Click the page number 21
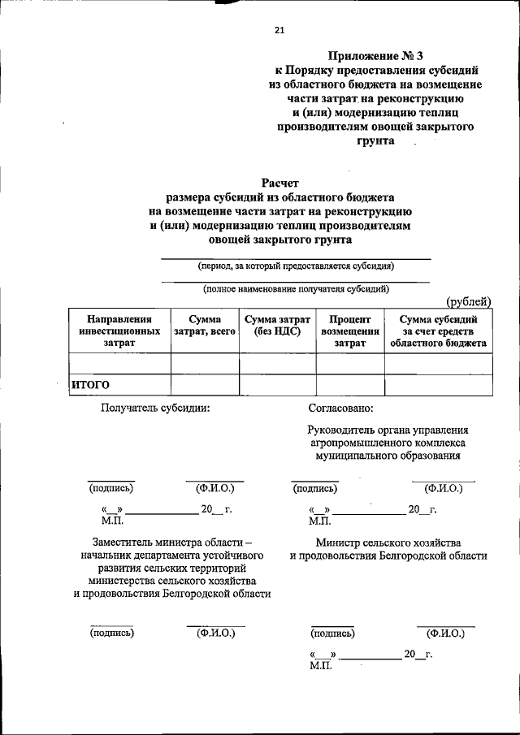[279, 30]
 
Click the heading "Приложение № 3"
[375, 56]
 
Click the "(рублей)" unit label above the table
[469, 302]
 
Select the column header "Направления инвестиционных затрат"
[119, 331]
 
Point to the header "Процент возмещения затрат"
[349, 331]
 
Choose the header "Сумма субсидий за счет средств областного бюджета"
[438, 331]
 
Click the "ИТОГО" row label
[90, 385]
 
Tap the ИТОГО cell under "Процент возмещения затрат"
[349, 385]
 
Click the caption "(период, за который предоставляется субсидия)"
[296, 266]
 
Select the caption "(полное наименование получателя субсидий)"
[296, 288]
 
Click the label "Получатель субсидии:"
[155, 409]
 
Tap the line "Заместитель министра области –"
[172, 542]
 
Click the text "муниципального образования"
[389, 456]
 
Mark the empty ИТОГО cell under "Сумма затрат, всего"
[205, 385]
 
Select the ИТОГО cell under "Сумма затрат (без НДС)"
[277, 385]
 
